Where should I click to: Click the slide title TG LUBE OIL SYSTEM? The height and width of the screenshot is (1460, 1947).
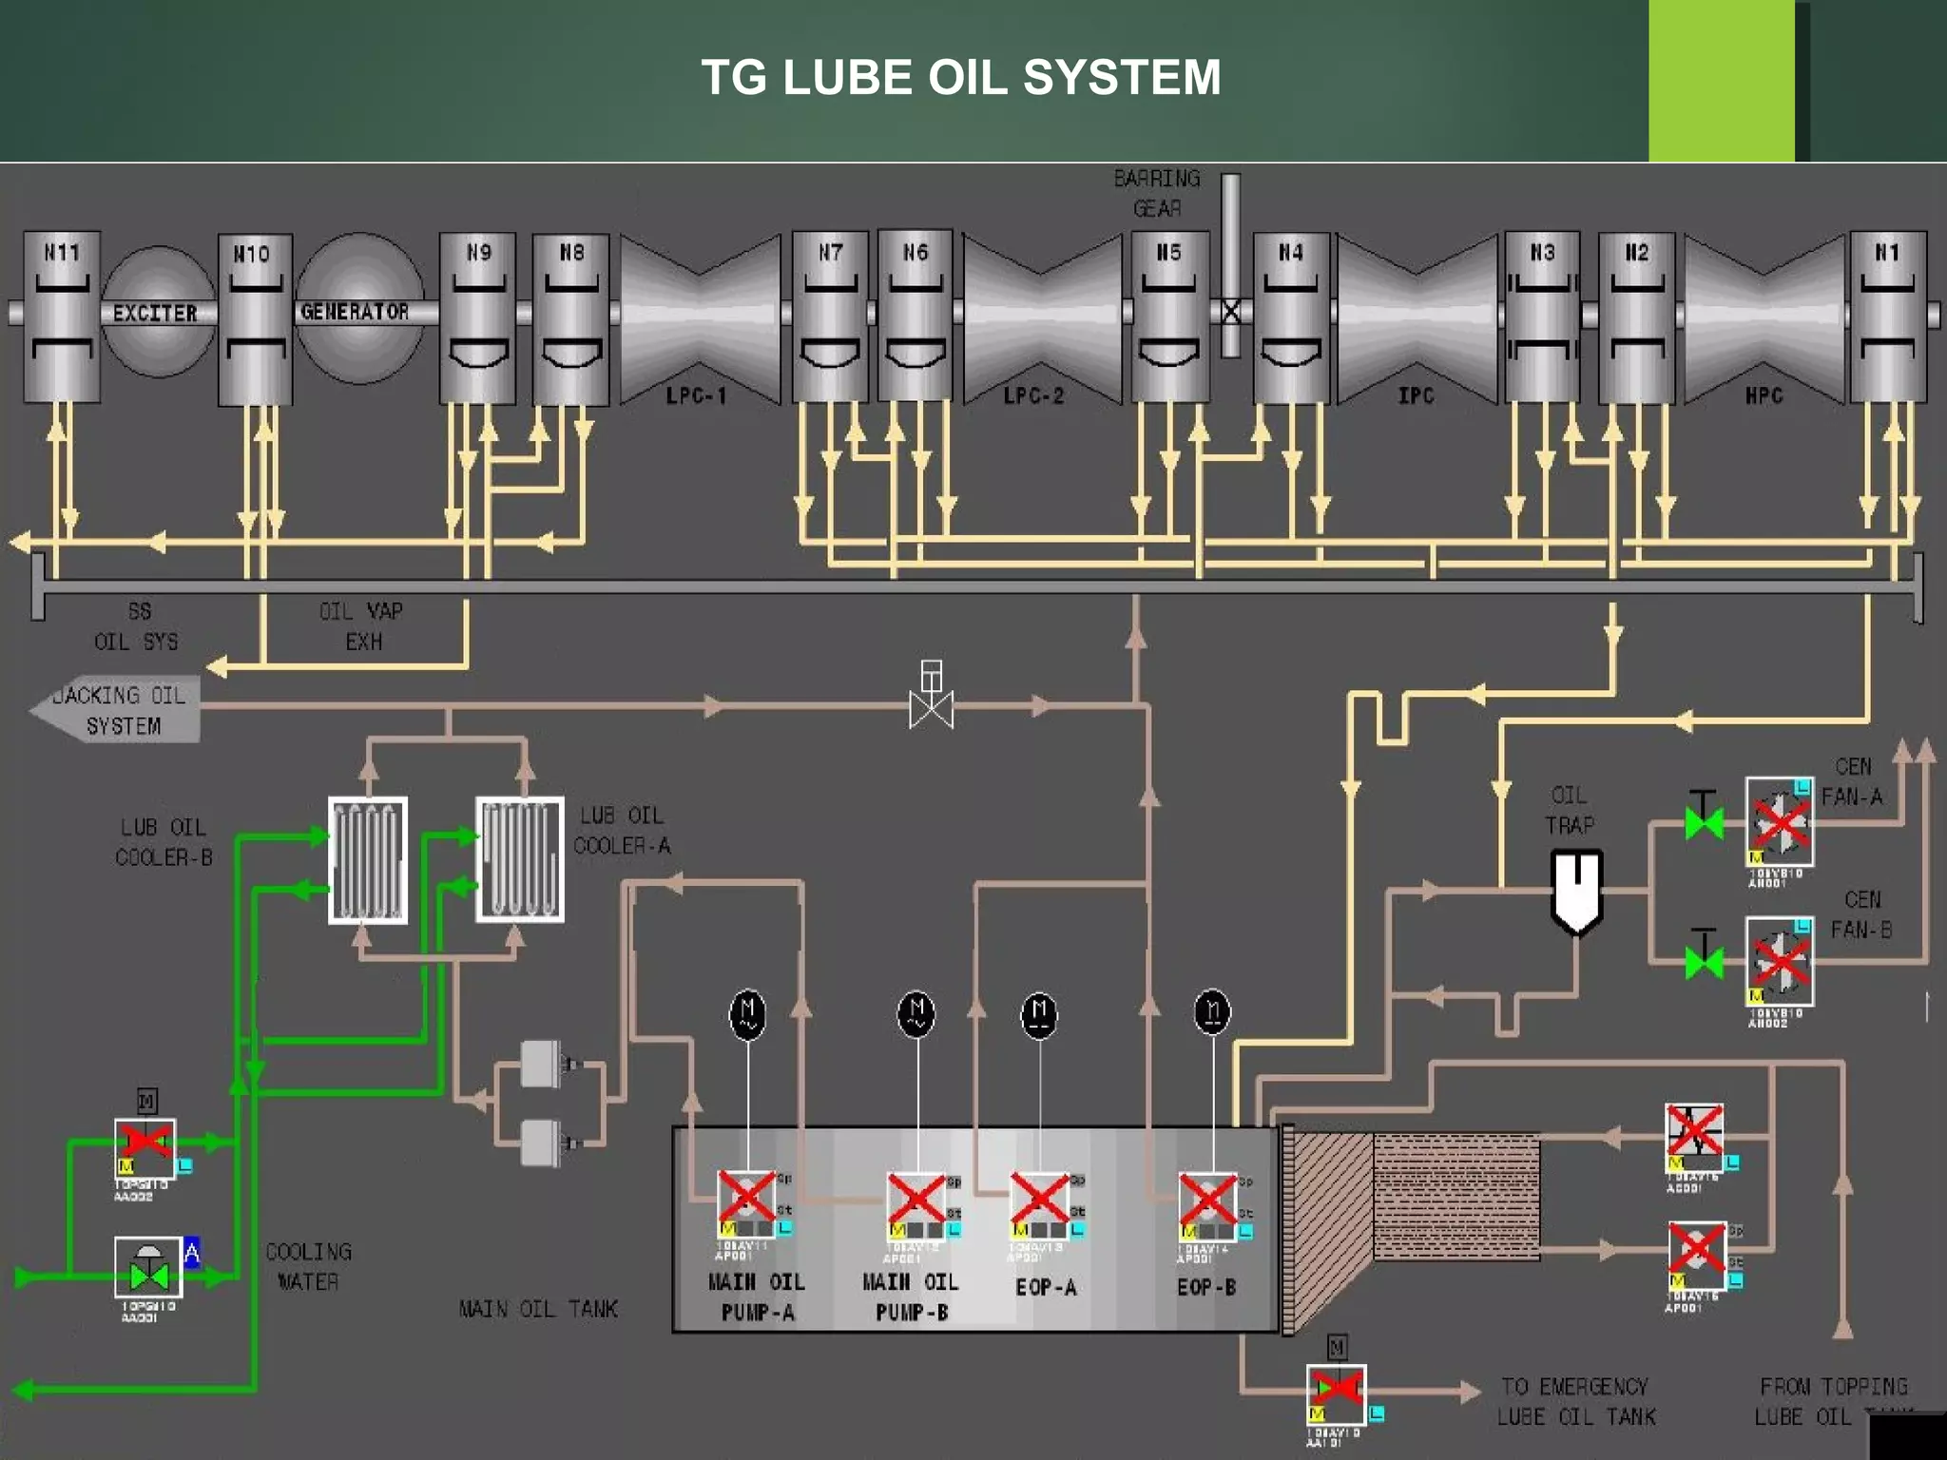click(x=960, y=77)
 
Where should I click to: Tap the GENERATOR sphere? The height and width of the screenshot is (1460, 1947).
click(x=357, y=310)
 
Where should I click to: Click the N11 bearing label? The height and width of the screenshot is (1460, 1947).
click(x=62, y=253)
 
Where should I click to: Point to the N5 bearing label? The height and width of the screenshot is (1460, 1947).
click(x=1168, y=253)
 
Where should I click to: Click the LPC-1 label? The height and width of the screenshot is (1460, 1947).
click(x=696, y=395)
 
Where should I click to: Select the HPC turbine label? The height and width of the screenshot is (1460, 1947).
click(x=1764, y=395)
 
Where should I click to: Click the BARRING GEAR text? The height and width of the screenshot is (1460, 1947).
click(x=1157, y=193)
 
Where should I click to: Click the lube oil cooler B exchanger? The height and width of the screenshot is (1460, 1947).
click(x=368, y=860)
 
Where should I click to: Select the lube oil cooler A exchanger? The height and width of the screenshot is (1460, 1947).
click(x=519, y=859)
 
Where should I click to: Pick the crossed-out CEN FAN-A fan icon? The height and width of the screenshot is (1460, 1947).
click(x=1780, y=821)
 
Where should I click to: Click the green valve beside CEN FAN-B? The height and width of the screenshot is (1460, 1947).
click(x=1704, y=961)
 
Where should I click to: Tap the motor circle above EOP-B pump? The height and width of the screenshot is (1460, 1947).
click(x=1212, y=1012)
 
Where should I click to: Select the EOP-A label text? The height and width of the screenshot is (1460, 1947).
click(x=1046, y=1288)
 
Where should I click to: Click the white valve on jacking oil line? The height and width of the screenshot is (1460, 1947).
click(x=931, y=706)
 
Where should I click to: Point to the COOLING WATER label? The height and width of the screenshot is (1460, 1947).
click(x=308, y=1266)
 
